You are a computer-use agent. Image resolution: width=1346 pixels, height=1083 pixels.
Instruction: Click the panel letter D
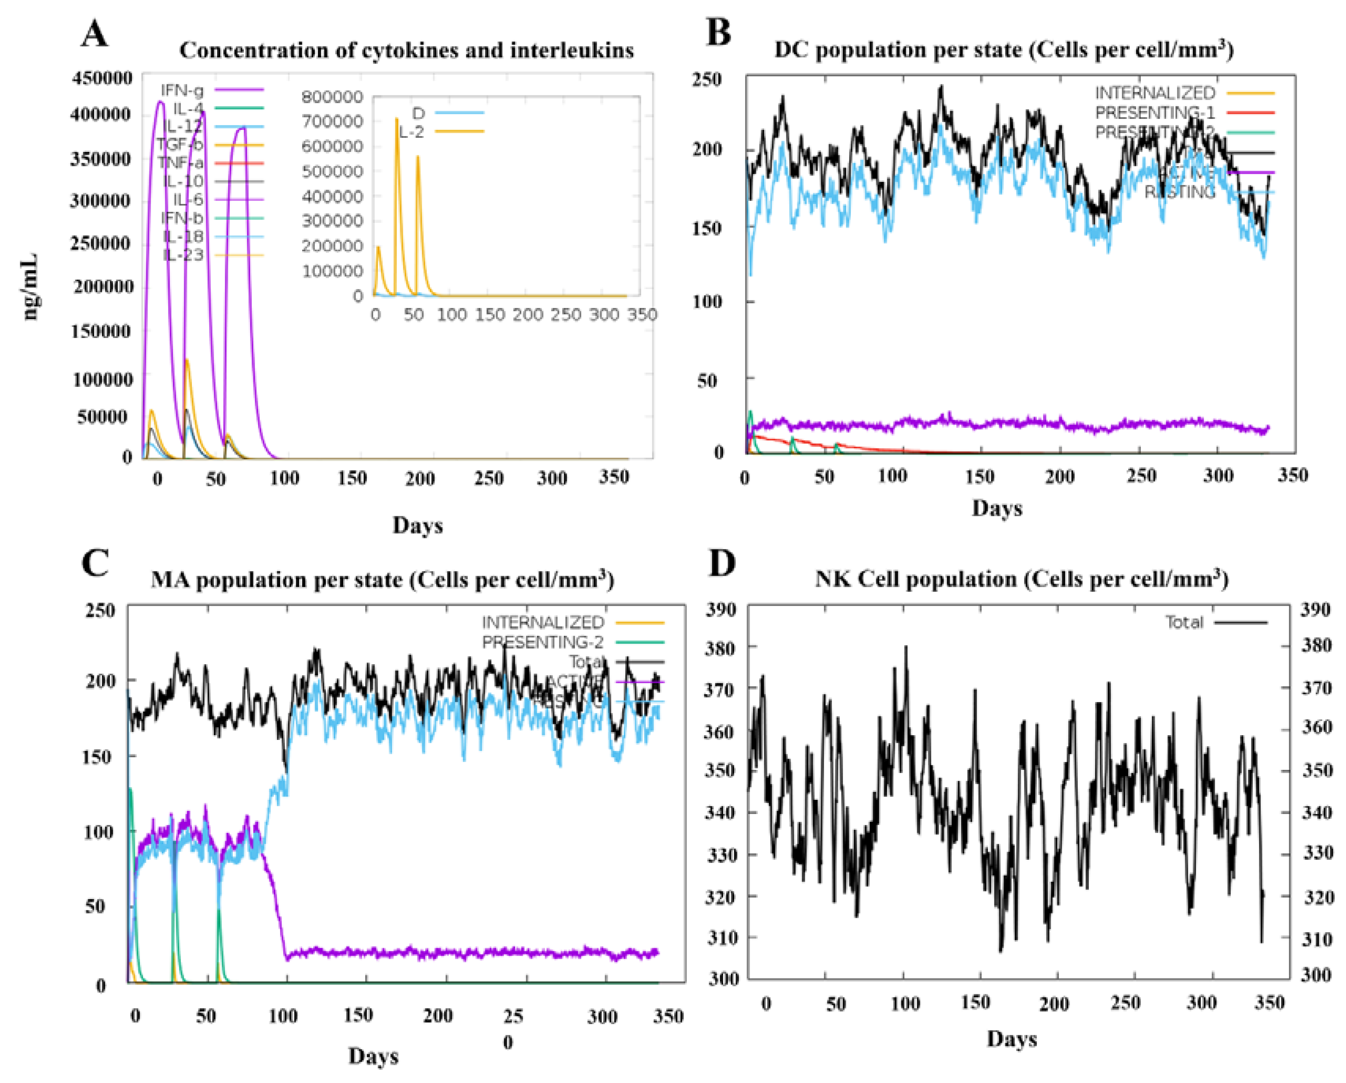(x=722, y=564)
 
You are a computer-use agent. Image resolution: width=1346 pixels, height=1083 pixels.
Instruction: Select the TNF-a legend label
(x=180, y=163)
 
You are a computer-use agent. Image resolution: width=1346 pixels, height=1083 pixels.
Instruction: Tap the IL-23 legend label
(x=183, y=255)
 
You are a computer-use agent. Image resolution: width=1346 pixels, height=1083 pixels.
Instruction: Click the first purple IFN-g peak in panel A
(x=160, y=103)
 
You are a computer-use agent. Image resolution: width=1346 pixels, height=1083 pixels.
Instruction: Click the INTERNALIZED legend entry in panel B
(x=1155, y=93)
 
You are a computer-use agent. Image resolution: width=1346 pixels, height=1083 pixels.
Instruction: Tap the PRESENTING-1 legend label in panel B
(x=1155, y=113)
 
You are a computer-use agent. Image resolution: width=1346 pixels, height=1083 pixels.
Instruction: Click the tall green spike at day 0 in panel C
(x=130, y=790)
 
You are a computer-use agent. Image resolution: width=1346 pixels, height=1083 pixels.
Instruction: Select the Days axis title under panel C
(x=373, y=1055)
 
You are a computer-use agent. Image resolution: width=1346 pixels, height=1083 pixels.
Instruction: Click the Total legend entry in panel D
(x=1184, y=622)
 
